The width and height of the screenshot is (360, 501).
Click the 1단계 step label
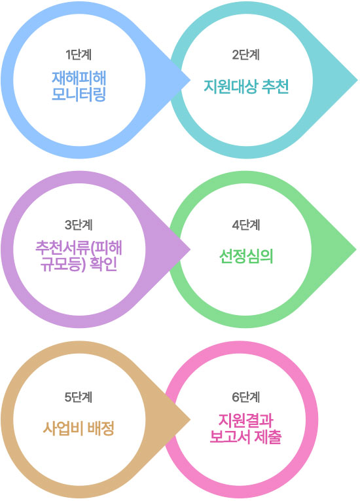[79, 55]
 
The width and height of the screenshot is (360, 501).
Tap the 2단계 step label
[245, 55]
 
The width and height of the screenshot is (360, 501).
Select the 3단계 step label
[79, 225]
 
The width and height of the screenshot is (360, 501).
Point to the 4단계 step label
[245, 225]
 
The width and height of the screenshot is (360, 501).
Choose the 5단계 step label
[79, 397]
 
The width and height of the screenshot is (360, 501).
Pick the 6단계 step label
[245, 397]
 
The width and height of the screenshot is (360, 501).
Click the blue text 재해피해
[79, 78]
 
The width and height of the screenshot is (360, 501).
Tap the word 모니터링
[79, 94]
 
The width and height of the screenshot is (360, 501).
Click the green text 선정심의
[246, 256]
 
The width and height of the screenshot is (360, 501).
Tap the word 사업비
[63, 428]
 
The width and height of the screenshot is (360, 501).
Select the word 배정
[101, 428]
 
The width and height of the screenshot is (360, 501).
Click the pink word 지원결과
[245, 420]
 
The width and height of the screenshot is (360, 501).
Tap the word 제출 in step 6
[268, 437]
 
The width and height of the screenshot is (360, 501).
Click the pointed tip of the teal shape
[357, 80]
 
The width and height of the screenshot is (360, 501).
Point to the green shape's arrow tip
[357, 250]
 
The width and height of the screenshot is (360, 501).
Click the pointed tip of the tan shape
[190, 420]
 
